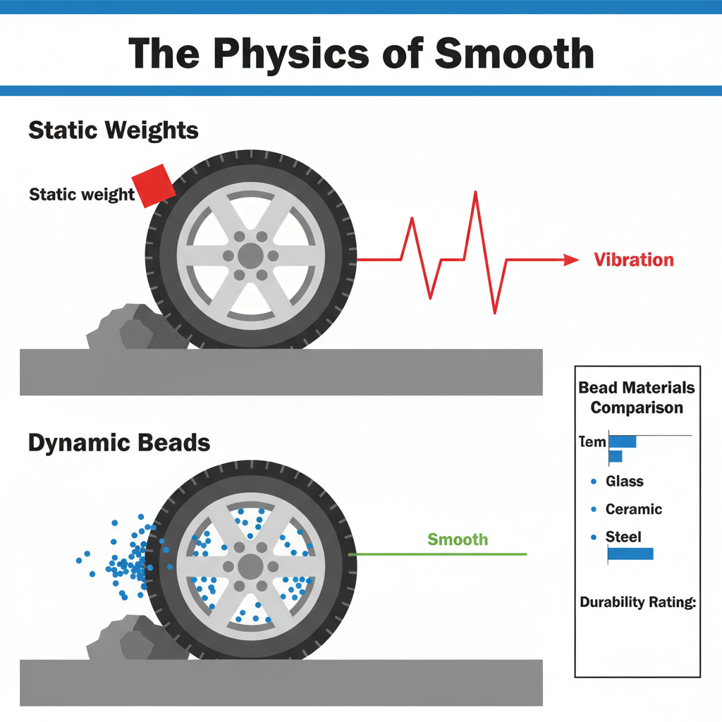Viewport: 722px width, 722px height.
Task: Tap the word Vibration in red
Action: coord(633,260)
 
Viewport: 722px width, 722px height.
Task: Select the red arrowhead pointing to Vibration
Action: coord(571,260)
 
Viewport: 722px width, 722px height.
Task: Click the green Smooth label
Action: coord(458,540)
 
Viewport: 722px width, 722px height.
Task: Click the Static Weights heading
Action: coord(114,131)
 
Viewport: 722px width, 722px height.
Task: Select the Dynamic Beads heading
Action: coord(119,443)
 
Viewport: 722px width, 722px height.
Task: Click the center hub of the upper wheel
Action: coord(250,255)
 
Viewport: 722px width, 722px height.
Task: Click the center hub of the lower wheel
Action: coord(250,565)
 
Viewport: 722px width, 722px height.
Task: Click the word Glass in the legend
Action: coord(625,482)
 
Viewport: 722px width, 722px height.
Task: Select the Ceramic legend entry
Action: coord(634,509)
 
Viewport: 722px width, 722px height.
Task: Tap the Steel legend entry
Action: coord(623,537)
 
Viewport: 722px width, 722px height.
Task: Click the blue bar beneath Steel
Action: coord(630,554)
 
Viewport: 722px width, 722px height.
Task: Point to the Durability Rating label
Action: coord(637,602)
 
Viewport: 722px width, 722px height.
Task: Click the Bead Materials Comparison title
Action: coord(637,398)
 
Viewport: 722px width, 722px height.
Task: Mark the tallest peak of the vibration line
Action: coord(477,192)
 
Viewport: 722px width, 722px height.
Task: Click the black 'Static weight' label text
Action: coord(82,194)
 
